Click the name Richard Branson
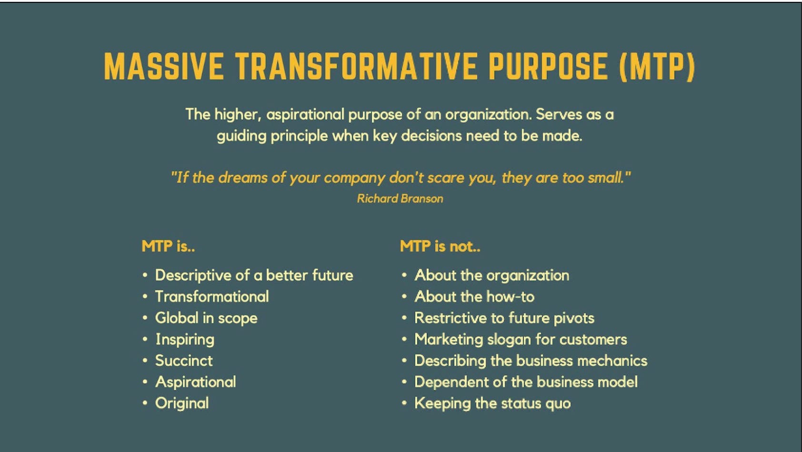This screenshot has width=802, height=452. point(400,199)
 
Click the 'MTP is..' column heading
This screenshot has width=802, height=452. point(168,246)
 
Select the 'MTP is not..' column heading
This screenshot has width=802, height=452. point(440,246)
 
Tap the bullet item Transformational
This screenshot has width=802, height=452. point(212,297)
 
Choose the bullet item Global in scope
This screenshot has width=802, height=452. point(206,318)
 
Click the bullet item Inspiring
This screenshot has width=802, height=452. point(185,340)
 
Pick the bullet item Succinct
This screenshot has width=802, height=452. point(184,361)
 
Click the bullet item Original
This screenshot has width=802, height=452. point(182,403)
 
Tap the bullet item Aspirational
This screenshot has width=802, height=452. point(196,382)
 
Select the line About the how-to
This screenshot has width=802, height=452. point(474,297)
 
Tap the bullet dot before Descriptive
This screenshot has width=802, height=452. point(145,275)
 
